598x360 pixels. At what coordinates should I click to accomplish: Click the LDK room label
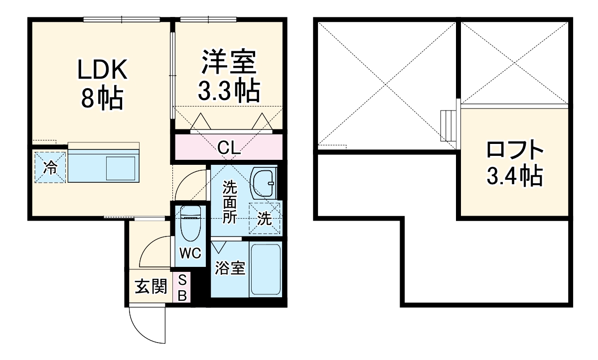(x=102, y=70)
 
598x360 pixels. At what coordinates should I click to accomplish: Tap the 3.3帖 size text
(x=229, y=91)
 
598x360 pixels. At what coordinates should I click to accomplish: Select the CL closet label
(x=229, y=147)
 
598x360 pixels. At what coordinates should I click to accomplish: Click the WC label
(x=190, y=253)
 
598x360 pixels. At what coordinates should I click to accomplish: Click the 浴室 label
(x=230, y=268)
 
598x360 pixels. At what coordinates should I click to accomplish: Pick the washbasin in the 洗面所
(x=263, y=183)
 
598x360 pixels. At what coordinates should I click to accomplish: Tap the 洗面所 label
(x=230, y=202)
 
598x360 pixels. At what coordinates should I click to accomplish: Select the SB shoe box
(x=182, y=287)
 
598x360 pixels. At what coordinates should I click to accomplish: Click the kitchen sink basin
(x=121, y=169)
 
